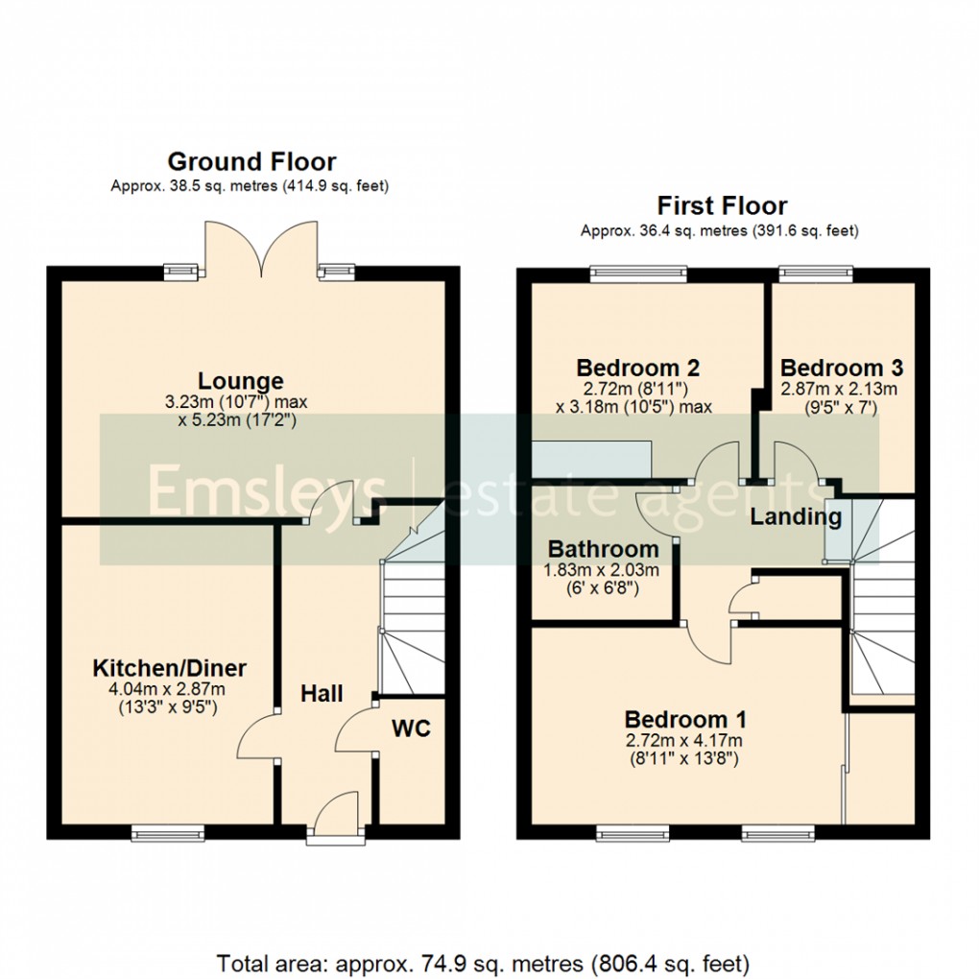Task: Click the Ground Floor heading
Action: tap(252, 161)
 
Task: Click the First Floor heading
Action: tap(722, 205)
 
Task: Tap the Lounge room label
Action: tap(241, 381)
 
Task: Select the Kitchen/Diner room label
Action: tap(169, 668)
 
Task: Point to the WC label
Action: tap(411, 728)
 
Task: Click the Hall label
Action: tap(322, 694)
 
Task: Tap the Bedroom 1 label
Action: tap(685, 719)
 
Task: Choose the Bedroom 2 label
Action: tap(637, 368)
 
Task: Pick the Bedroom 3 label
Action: tap(842, 368)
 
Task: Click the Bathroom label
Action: tap(603, 550)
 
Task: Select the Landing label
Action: tap(795, 517)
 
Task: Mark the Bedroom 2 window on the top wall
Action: tap(639, 275)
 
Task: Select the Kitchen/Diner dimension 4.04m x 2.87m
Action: tap(169, 690)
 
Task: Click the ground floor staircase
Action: tap(411, 614)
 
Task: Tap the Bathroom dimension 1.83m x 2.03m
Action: tap(603, 571)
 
